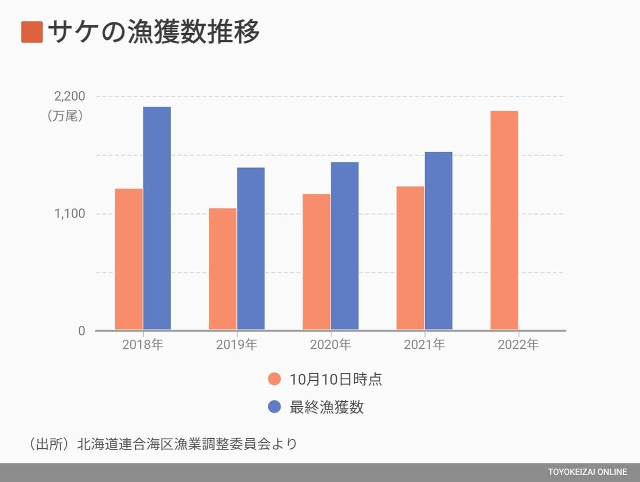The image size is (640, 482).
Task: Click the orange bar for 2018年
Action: point(129,259)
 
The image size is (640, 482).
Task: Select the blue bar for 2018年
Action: point(157,218)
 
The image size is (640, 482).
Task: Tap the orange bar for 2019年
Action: point(223,269)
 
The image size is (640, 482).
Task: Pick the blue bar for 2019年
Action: point(251,248)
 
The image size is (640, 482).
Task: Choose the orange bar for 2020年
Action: point(317,262)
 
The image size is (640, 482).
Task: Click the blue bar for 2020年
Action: point(345,245)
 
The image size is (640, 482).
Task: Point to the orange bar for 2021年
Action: point(410,258)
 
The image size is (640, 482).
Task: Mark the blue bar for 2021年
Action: point(438,240)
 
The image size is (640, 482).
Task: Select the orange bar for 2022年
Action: point(504,220)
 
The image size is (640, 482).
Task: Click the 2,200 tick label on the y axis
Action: point(70,96)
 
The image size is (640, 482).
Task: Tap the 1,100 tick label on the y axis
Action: point(70,213)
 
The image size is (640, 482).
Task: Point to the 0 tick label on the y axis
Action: point(82,331)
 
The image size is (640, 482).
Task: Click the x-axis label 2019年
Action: point(237,345)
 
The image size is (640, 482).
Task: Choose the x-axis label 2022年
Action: point(518,345)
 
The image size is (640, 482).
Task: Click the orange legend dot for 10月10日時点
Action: point(274,379)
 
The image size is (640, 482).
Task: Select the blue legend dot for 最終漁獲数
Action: point(274,407)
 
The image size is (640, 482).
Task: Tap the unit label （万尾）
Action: point(65,116)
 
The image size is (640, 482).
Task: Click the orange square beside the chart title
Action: point(32,32)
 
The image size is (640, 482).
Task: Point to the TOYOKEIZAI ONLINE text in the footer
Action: point(588,472)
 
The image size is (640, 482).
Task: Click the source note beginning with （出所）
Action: point(163,444)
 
